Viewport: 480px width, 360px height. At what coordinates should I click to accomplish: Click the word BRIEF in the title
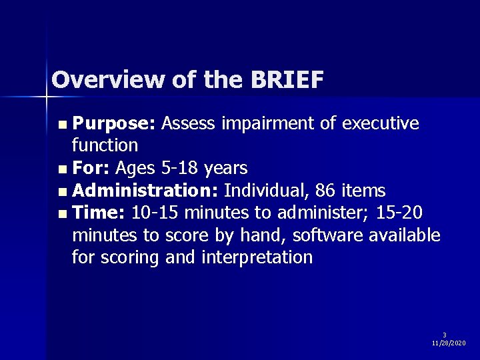(288, 80)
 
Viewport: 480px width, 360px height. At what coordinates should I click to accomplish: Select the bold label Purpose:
(115, 123)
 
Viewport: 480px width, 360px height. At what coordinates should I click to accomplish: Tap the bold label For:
(91, 167)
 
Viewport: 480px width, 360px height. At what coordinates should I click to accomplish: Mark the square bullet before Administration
(63, 192)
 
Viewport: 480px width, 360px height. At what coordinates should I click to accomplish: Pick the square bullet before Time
(63, 214)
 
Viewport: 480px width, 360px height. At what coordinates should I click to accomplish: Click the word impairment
(250, 123)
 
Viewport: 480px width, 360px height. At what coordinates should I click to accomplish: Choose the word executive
(380, 123)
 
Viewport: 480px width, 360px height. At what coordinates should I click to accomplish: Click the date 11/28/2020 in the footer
(449, 343)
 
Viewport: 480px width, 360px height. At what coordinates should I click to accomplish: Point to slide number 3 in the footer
(445, 335)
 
